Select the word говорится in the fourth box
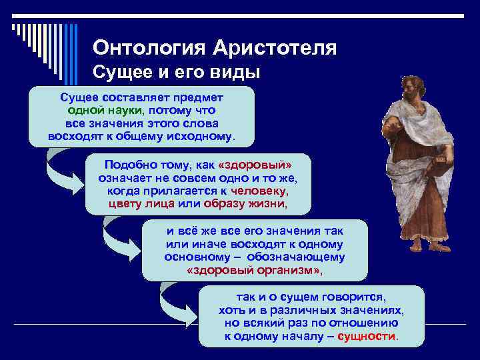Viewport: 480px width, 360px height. coord(356,297)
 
